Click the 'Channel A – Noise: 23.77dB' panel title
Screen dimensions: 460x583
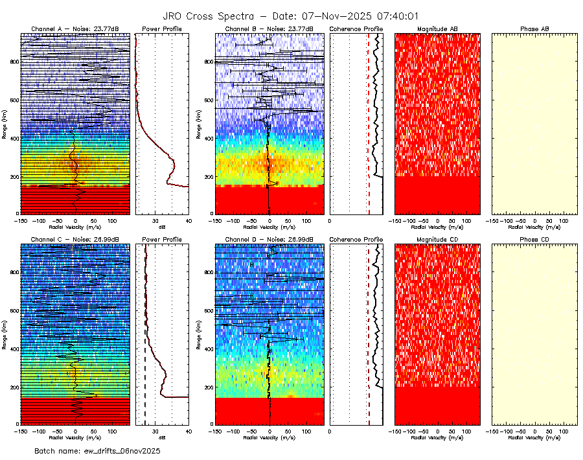click(74, 29)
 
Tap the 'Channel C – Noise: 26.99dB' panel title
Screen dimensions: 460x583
click(74, 240)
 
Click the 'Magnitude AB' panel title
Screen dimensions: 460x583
click(437, 29)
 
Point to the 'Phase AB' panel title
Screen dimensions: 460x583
click(534, 29)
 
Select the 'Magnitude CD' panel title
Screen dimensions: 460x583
click(437, 240)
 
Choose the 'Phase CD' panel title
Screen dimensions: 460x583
click(534, 240)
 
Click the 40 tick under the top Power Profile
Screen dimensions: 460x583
click(188, 221)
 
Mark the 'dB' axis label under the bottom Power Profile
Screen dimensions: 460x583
click(162, 437)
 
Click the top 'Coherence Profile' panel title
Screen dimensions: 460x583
click(356, 29)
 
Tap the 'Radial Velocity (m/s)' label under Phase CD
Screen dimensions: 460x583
click(534, 437)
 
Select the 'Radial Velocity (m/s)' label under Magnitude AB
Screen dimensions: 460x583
click(437, 227)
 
